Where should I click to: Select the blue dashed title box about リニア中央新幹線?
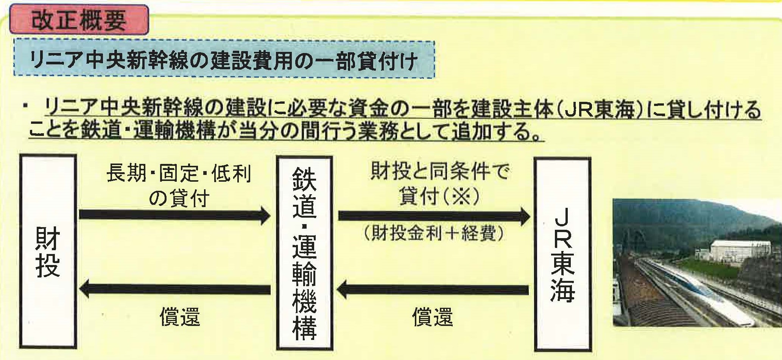click(x=224, y=59)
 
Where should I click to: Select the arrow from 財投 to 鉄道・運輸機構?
click(x=174, y=215)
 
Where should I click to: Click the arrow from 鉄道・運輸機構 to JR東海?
click(x=434, y=216)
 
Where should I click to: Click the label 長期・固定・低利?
click(x=178, y=174)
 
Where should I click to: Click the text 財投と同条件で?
click(x=439, y=173)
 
